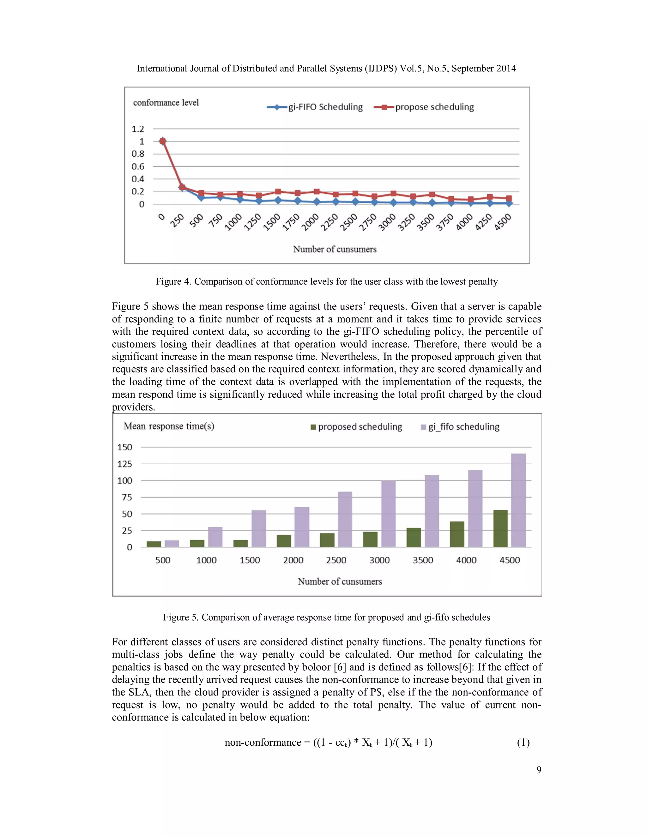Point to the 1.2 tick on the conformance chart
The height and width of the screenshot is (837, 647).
pos(138,129)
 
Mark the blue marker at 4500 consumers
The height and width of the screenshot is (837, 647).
pos(509,203)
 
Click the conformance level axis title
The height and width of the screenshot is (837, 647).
pos(166,103)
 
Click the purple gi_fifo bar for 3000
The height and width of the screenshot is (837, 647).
pos(388,514)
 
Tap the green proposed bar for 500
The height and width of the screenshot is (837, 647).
pos(154,544)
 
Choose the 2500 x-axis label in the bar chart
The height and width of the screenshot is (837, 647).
pos(336,560)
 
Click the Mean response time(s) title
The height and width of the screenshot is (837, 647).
pos(169,426)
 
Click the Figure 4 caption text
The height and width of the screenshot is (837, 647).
pos(327,282)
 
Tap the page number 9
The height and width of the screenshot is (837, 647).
pos(539,770)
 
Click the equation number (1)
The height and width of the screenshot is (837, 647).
pos(523,743)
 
